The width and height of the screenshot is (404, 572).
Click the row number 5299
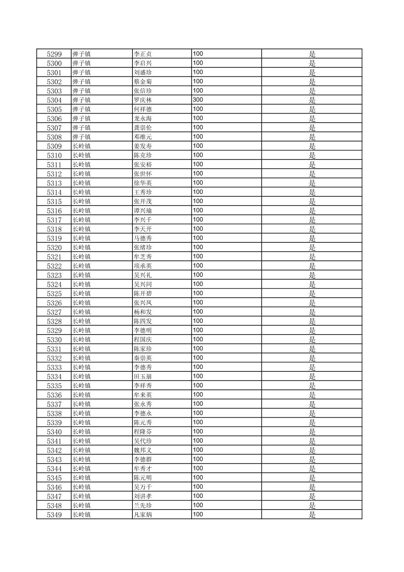pyautogui.click(x=54, y=54)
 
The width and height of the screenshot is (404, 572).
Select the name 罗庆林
pyautogui.click(x=143, y=100)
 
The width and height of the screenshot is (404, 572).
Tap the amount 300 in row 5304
pyautogui.click(x=198, y=100)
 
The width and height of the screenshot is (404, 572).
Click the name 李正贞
pyautogui.click(x=143, y=54)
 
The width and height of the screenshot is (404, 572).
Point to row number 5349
pyautogui.click(x=54, y=515)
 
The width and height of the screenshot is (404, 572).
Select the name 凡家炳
pyautogui.click(x=143, y=515)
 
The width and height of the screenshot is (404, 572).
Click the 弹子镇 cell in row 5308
pyautogui.click(x=82, y=137)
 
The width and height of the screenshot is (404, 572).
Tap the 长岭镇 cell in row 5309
pyautogui.click(x=82, y=146)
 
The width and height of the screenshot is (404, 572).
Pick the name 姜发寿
pyautogui.click(x=143, y=146)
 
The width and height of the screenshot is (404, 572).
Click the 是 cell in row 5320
pyautogui.click(x=312, y=248)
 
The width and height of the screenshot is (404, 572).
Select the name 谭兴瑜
pyautogui.click(x=143, y=211)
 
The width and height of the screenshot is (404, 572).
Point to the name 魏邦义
pyautogui.click(x=143, y=450)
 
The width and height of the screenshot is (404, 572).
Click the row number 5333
pyautogui.click(x=54, y=367)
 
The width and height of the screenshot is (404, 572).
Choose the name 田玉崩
pyautogui.click(x=143, y=376)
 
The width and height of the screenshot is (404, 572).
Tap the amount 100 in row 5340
pyautogui.click(x=198, y=431)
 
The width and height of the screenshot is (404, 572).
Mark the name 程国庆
pyautogui.click(x=143, y=339)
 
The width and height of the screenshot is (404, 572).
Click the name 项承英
pyautogui.click(x=143, y=266)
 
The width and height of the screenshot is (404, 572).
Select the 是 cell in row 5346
pyautogui.click(x=312, y=487)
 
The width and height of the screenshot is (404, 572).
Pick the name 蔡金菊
pyautogui.click(x=143, y=82)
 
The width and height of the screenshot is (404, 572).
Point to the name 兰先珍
pyautogui.click(x=143, y=505)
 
